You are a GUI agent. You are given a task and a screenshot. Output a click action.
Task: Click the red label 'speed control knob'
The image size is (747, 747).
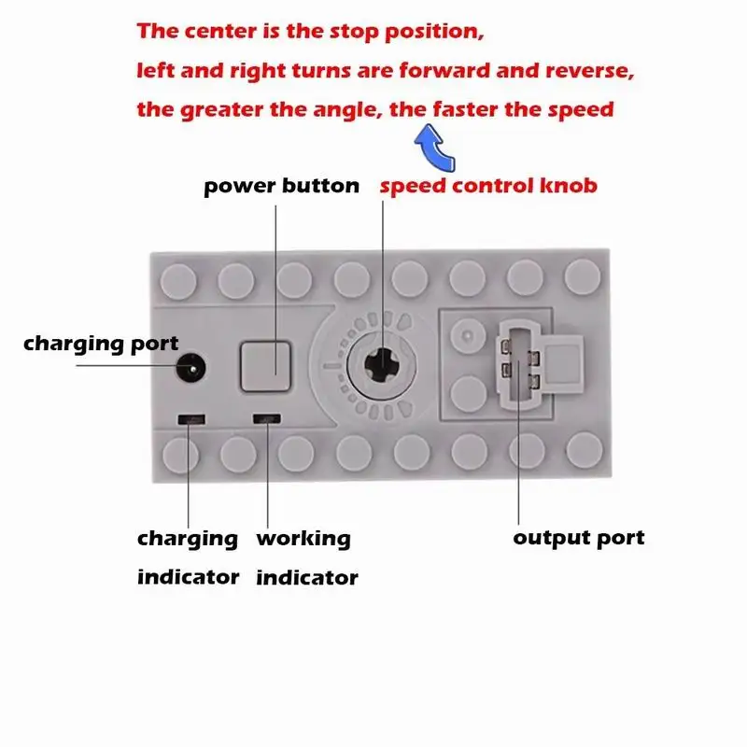[487, 185]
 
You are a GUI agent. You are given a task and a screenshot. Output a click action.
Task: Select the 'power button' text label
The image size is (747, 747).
[281, 186]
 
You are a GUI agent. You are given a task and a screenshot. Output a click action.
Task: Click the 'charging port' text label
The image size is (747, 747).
[101, 344]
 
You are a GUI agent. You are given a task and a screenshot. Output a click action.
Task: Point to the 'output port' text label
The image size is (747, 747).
[579, 538]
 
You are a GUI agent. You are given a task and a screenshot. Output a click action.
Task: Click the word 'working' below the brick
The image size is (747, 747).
[303, 539]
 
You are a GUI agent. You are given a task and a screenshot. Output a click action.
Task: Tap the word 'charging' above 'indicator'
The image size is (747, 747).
[188, 539]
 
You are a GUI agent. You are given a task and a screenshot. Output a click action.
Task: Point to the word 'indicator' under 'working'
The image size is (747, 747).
[307, 577]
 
